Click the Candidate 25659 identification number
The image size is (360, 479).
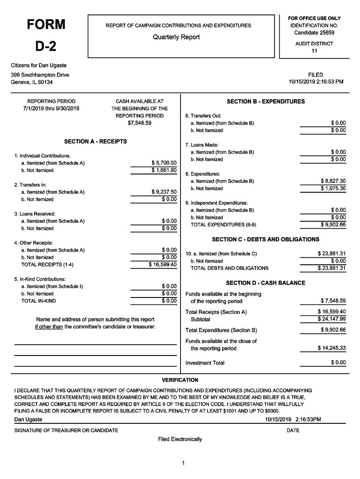click(x=314, y=33)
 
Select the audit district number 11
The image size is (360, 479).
click(x=314, y=51)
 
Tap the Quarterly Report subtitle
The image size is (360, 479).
click(x=176, y=37)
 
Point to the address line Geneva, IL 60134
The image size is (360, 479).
click(x=32, y=82)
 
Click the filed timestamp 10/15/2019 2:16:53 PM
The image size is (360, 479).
click(x=316, y=82)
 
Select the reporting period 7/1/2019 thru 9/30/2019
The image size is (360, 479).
click(x=51, y=109)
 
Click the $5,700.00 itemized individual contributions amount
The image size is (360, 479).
click(x=164, y=163)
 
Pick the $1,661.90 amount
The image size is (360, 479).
click(x=164, y=170)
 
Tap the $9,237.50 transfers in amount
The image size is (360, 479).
click(x=164, y=192)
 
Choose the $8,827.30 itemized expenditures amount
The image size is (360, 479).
click(x=333, y=181)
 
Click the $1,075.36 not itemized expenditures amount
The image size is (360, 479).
click(x=333, y=189)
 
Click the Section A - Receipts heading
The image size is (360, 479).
click(x=95, y=141)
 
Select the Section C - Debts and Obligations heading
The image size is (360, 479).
click(x=266, y=239)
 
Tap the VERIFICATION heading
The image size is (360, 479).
click(x=180, y=380)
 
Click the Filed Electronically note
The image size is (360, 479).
click(x=180, y=439)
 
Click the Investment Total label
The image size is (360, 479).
click(x=205, y=363)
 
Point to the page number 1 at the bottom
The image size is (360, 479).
click(x=184, y=463)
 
